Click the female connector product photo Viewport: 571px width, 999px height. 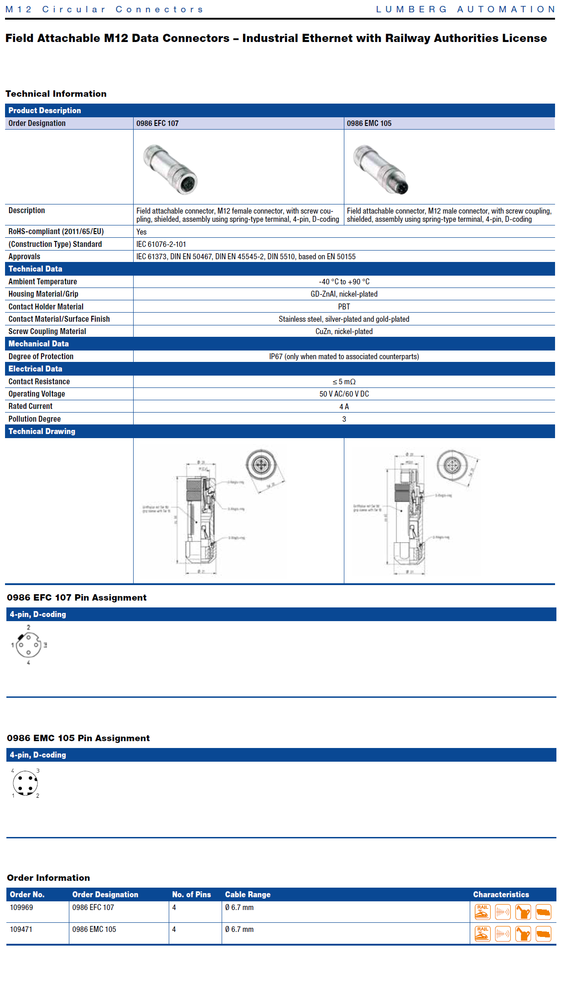pyautogui.click(x=170, y=169)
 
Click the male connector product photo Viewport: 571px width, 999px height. pyautogui.click(x=381, y=169)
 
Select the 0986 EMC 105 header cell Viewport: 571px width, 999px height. pyautogui.click(x=369, y=123)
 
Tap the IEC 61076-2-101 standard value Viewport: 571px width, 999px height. pyautogui.click(x=161, y=244)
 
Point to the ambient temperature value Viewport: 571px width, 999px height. pyautogui.click(x=344, y=282)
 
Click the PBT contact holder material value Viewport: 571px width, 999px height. pyautogui.click(x=344, y=307)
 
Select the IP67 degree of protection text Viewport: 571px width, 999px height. pyautogui.click(x=344, y=356)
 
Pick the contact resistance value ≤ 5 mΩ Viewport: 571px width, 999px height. pyautogui.click(x=344, y=382)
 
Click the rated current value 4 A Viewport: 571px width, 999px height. pyautogui.click(x=344, y=407)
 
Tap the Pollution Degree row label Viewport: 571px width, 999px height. pyautogui.click(x=35, y=419)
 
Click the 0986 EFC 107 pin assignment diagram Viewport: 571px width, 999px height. pyautogui.click(x=29, y=645)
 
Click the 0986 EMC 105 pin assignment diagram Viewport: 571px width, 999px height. pyautogui.click(x=26, y=783)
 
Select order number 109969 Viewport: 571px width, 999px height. pyautogui.click(x=21, y=907)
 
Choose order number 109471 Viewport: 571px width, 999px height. pyautogui.click(x=21, y=929)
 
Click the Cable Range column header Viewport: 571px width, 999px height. pyautogui.click(x=248, y=894)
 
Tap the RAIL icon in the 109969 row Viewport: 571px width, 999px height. pyautogui.click(x=483, y=912)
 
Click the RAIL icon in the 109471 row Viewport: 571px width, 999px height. pyautogui.click(x=483, y=934)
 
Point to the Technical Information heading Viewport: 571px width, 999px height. pyautogui.click(x=56, y=94)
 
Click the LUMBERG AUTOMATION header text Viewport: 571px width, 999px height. pyautogui.click(x=465, y=9)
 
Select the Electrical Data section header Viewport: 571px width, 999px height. pyautogui.click(x=36, y=369)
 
